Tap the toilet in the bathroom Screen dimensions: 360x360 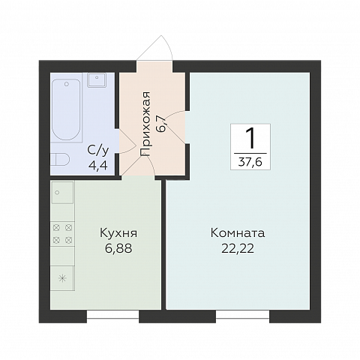[59, 159]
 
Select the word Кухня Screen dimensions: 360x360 [118, 233]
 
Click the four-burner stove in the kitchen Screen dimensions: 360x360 [62, 232]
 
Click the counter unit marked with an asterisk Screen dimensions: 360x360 [62, 278]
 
